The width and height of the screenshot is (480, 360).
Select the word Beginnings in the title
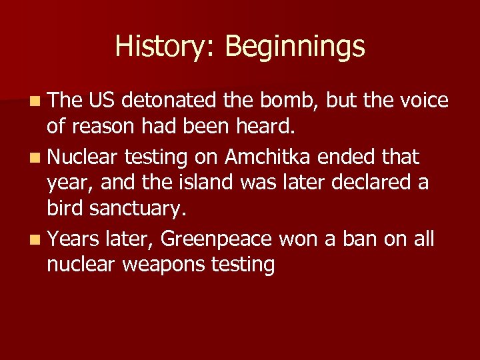pyautogui.click(x=295, y=47)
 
